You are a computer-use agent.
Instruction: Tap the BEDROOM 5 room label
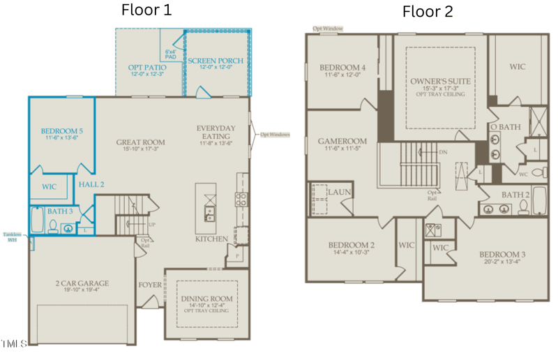(x=61, y=131)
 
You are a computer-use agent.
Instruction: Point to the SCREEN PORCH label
(x=216, y=61)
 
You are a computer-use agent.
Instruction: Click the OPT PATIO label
(x=146, y=68)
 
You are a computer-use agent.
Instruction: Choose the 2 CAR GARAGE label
(x=82, y=283)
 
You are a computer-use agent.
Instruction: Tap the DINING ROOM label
(x=206, y=299)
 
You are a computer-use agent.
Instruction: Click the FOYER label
(x=149, y=285)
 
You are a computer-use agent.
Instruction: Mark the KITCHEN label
(x=211, y=239)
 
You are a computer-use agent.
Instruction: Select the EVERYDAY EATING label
(x=216, y=132)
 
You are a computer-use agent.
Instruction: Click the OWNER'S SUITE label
(x=440, y=81)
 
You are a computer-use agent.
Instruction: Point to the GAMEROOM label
(x=342, y=141)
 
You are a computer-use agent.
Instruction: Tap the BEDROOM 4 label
(x=342, y=68)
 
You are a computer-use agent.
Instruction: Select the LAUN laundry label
(x=339, y=192)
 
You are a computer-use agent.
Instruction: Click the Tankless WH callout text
(x=11, y=237)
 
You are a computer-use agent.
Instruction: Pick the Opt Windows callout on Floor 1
(x=274, y=135)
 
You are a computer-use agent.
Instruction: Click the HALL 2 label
(x=91, y=184)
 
